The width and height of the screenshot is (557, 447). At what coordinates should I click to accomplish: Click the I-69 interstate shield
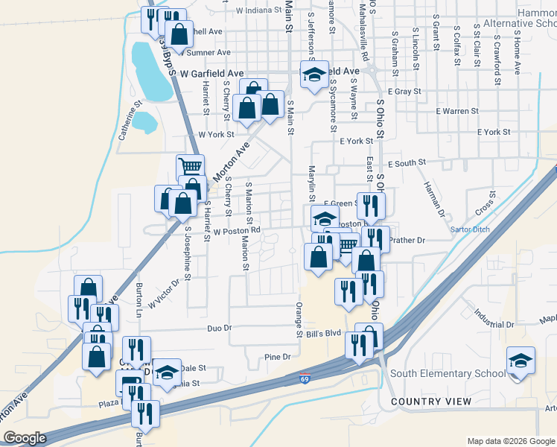[305, 379]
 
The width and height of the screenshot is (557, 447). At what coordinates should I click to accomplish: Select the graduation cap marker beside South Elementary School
[520, 361]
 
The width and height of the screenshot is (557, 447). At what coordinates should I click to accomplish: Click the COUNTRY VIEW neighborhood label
[430, 402]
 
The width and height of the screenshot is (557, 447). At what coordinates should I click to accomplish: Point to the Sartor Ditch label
[471, 229]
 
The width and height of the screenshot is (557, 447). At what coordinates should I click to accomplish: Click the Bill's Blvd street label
[323, 335]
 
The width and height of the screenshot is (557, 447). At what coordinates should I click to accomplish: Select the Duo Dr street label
[219, 328]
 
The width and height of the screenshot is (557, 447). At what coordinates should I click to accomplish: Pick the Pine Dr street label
[277, 358]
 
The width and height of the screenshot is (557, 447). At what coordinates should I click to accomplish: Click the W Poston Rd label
[236, 231]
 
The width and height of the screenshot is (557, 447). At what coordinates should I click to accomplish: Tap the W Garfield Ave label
[212, 74]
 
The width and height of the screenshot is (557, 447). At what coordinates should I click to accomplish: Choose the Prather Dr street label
[407, 240]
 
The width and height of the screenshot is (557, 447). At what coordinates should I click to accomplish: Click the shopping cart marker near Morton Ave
[190, 166]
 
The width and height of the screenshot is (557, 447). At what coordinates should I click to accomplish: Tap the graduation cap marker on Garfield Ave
[315, 74]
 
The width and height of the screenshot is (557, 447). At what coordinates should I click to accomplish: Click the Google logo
[25, 438]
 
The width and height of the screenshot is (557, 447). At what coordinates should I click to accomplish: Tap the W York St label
[217, 135]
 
